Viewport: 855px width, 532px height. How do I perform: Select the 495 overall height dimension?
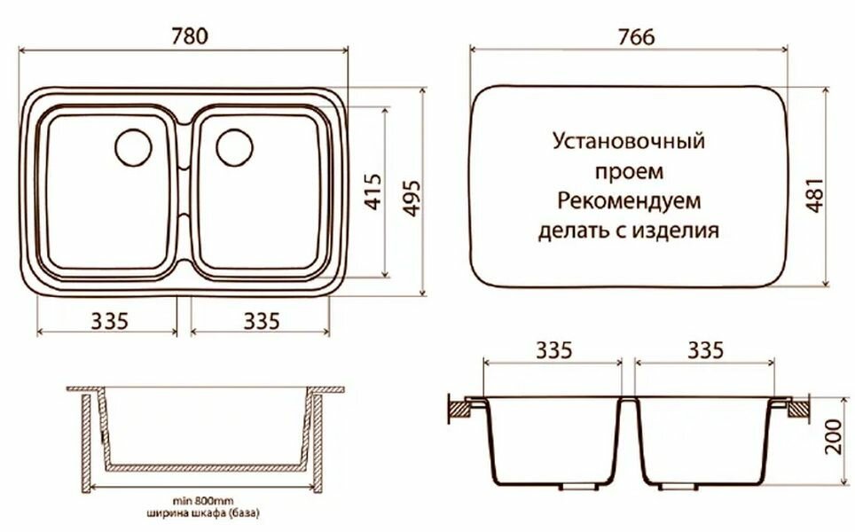coord(409,191)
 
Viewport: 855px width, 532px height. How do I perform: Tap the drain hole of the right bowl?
coord(234,146)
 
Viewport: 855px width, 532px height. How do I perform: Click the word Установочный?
coord(628,141)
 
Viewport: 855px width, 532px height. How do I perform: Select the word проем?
coord(629,171)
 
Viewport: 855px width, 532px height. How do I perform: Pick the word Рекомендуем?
coord(629,201)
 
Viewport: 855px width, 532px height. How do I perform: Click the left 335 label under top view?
coord(109,319)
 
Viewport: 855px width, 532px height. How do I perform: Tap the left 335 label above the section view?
coord(553,349)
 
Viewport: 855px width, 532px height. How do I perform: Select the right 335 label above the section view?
coord(704,349)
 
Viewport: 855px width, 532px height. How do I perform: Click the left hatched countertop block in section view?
coord(463,409)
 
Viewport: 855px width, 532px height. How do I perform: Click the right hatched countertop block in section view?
coord(797,409)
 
